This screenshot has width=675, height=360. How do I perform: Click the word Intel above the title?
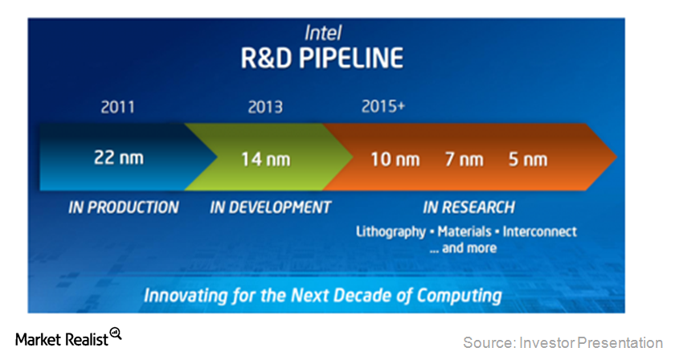tap(323, 33)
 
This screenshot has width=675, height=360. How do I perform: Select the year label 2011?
tap(117, 108)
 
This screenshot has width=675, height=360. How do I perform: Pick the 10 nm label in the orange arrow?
tap(395, 158)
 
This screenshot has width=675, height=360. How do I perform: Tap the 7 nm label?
tap(464, 158)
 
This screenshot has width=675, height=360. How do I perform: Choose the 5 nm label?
tap(527, 158)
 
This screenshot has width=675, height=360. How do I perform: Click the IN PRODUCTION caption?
tap(124, 207)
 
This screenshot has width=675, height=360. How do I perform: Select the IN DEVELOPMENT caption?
tap(270, 207)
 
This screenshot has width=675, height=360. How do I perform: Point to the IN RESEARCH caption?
tap(468, 207)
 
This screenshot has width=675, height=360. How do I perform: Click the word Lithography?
tap(391, 232)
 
